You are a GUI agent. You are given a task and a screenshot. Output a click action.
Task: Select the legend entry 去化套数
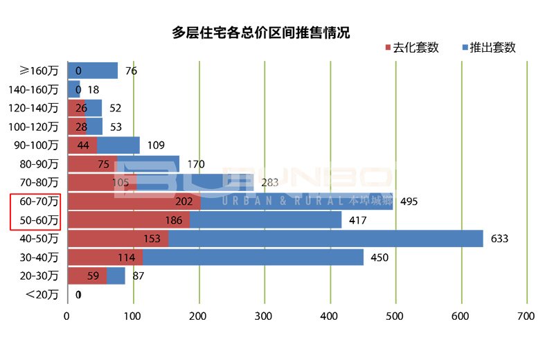[410, 48]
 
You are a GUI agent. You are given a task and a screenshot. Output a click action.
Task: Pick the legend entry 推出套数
[486, 48]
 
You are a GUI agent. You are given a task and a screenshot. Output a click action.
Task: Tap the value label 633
[499, 239]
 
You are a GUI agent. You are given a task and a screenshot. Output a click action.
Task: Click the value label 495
[409, 201]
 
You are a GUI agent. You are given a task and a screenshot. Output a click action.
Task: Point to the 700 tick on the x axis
[526, 316]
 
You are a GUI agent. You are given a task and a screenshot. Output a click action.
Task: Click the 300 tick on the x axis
[264, 316]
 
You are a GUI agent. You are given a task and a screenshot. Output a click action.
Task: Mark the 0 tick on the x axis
[67, 316]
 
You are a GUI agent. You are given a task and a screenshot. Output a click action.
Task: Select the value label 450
[379, 258]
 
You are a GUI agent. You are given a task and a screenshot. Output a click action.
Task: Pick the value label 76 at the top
[132, 71]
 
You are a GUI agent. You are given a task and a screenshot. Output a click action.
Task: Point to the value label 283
[269, 183]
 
